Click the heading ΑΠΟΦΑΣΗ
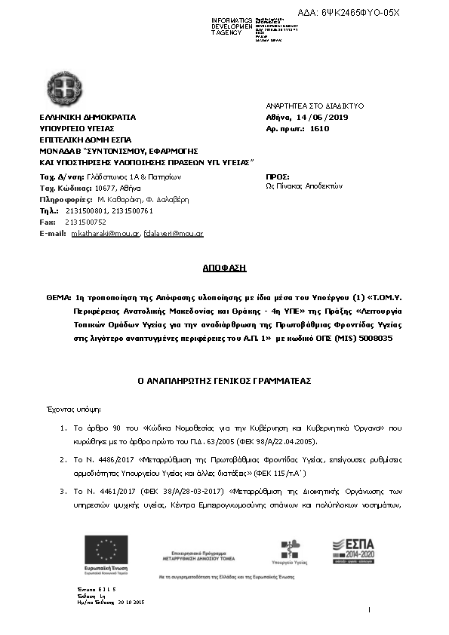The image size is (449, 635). [x=224, y=268]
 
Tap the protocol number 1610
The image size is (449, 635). [x=320, y=129]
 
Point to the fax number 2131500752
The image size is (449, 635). [x=85, y=222]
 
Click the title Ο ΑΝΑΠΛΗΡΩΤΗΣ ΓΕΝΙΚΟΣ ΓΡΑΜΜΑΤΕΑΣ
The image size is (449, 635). [x=224, y=382]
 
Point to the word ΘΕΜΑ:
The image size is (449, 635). [x=59, y=298]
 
